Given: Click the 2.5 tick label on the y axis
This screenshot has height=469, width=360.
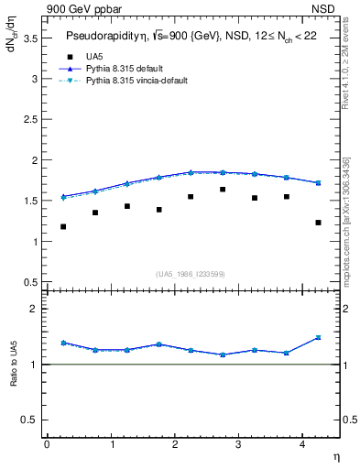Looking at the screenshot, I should coord(30,120).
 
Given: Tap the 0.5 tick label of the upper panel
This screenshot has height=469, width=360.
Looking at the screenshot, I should coord(30,282).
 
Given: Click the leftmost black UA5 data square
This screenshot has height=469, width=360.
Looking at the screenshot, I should coord(63,226).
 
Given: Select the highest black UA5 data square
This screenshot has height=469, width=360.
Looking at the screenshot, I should coord(223,190).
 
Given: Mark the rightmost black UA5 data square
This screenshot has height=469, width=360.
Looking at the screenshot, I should coord(318,223).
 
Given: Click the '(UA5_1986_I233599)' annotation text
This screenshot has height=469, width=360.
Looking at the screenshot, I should coord(191,275).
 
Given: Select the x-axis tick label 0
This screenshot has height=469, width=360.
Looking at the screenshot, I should coord(47,443).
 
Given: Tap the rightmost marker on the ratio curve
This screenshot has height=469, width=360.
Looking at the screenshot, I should coord(318,337).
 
